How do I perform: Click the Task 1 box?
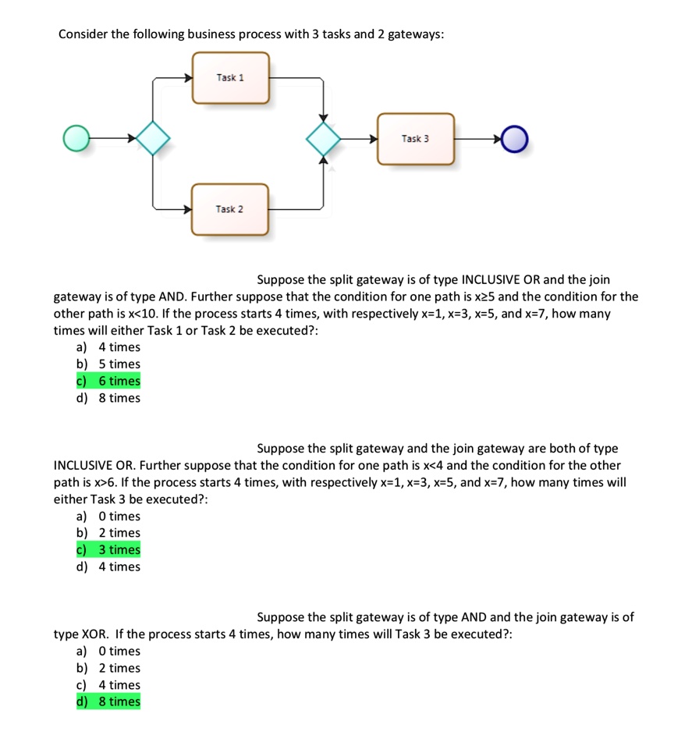coord(231,77)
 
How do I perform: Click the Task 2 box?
coord(230,209)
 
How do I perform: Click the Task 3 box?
coord(415,139)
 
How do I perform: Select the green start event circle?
coord(76,139)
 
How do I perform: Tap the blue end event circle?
coord(515,140)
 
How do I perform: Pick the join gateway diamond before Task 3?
coord(323,139)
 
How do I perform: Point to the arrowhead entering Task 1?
coord(188,77)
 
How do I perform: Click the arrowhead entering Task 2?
coord(188,209)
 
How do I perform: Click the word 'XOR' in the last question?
coord(94,634)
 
